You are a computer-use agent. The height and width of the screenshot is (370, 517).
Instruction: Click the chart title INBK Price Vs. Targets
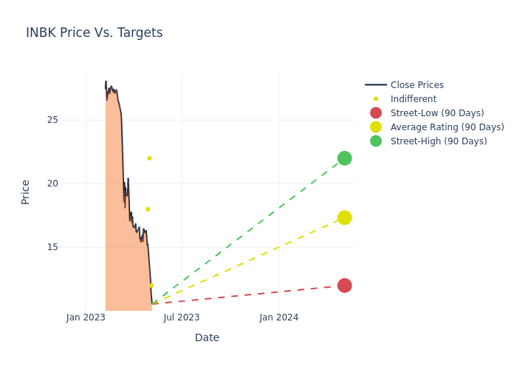click(95, 33)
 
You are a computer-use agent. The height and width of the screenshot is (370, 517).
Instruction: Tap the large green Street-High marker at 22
click(344, 158)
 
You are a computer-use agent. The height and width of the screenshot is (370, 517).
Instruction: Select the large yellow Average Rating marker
click(344, 218)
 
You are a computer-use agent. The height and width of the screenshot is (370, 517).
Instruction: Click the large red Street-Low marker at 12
click(344, 286)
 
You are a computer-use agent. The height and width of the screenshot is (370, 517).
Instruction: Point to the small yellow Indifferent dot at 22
click(149, 158)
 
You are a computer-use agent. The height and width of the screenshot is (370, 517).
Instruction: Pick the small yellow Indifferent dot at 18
click(148, 209)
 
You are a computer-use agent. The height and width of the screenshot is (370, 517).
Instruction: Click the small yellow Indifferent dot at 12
click(151, 286)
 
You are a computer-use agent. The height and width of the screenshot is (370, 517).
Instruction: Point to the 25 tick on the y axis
click(52, 120)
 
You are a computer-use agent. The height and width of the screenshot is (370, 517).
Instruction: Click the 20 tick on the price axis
click(52, 184)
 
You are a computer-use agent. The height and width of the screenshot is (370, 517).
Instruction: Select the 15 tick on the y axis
click(52, 247)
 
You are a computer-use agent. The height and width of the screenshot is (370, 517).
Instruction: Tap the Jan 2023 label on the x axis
click(86, 317)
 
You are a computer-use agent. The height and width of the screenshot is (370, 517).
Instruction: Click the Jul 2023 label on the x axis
click(182, 317)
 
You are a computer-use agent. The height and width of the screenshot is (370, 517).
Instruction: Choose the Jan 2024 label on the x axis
click(279, 317)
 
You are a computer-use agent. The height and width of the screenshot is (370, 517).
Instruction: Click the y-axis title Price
click(26, 192)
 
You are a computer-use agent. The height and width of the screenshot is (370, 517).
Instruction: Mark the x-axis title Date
click(207, 338)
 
